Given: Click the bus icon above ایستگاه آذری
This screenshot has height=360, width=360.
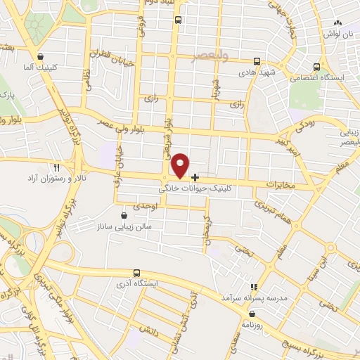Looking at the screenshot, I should click(137, 272).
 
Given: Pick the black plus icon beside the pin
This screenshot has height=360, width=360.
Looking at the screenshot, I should click(195, 176).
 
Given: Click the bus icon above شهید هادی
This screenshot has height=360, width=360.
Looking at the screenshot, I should click(257, 61).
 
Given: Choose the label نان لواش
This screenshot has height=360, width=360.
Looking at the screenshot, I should click(336, 34).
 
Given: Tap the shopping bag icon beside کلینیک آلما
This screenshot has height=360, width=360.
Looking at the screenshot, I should click(41, 57).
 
